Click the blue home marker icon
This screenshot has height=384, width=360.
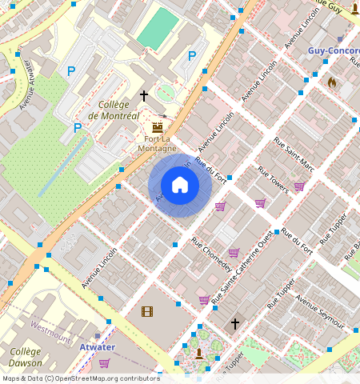click(x=180, y=186)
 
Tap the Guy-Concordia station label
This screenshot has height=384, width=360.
click(x=333, y=50)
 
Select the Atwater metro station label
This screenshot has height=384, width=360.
click(x=97, y=347)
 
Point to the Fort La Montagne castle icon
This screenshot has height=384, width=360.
click(x=157, y=126)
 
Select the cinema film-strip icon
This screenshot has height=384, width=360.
click(x=146, y=311)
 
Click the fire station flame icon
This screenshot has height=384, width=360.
click(x=332, y=82)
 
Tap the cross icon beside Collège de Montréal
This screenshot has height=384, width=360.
click(x=144, y=95)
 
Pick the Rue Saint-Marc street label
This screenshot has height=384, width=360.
click(x=294, y=154)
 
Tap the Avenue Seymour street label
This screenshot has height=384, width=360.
click(x=319, y=311)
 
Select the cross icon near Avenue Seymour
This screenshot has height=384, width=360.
click(x=235, y=323)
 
